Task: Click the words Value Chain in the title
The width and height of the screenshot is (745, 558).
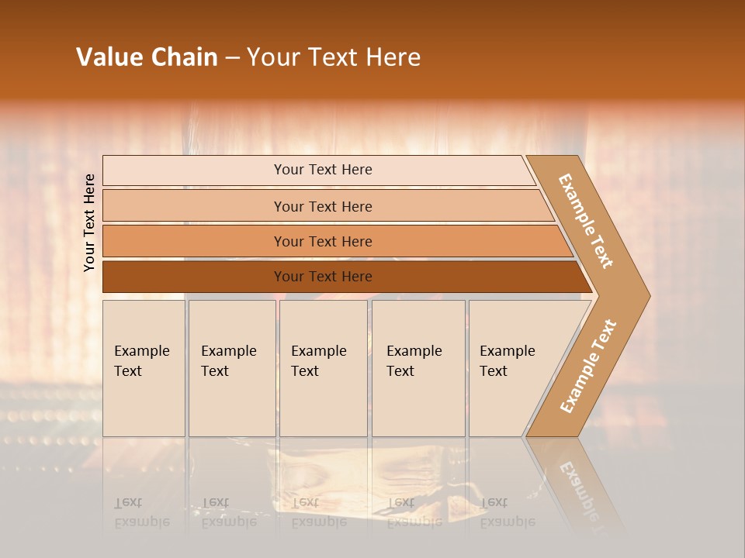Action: pyautogui.click(x=147, y=57)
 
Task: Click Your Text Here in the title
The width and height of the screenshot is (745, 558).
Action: pyautogui.click(x=334, y=57)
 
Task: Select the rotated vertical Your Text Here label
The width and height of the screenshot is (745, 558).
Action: pyautogui.click(x=89, y=222)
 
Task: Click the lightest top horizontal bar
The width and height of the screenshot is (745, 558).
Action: pyautogui.click(x=322, y=170)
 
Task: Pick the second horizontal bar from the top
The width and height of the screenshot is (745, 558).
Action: pyautogui.click(x=322, y=206)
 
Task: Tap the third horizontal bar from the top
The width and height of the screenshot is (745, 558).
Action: pyautogui.click(x=322, y=241)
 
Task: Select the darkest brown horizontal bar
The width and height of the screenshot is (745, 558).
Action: pyautogui.click(x=322, y=277)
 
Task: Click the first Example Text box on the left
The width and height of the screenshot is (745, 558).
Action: pyautogui.click(x=144, y=368)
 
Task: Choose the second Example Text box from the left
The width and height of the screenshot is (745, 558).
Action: pyautogui.click(x=231, y=368)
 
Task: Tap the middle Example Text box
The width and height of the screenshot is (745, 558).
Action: pyautogui.click(x=323, y=368)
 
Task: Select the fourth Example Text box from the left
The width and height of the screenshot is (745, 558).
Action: pyautogui.click(x=418, y=368)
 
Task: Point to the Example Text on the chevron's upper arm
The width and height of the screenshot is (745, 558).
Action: pyautogui.click(x=586, y=221)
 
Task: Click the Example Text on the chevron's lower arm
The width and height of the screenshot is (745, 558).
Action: pyautogui.click(x=588, y=367)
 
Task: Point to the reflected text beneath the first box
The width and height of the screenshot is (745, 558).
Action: pyautogui.click(x=142, y=512)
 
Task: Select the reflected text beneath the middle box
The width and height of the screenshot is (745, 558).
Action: pyautogui.click(x=319, y=512)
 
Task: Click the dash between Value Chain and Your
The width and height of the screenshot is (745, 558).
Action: pyautogui.click(x=232, y=58)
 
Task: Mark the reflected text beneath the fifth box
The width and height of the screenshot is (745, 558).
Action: pyautogui.click(x=507, y=512)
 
